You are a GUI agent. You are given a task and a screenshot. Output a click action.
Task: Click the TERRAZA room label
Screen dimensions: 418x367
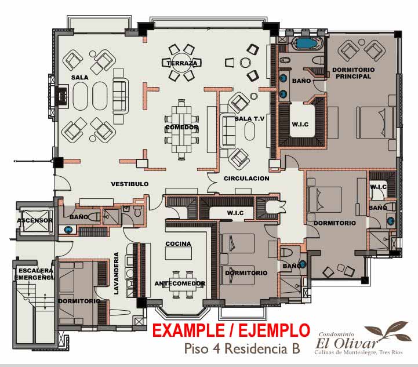182,63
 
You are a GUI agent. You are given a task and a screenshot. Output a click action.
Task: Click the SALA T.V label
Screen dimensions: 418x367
249,119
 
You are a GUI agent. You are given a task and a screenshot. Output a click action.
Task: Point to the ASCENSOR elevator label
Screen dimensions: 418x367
35,220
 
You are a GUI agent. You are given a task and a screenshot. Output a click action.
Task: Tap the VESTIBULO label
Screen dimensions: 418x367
130,184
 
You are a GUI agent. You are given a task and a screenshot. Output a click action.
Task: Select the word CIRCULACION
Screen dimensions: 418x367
246,179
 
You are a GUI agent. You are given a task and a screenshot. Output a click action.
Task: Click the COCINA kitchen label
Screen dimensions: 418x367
179,244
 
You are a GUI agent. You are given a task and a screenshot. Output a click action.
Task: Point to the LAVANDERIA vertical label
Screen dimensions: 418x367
116,273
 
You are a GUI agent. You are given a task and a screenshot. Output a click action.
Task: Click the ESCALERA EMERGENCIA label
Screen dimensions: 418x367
35,274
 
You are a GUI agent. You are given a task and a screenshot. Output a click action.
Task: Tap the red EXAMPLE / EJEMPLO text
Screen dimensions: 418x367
231,330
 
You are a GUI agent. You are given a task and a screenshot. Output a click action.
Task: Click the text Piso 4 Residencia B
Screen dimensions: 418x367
242,348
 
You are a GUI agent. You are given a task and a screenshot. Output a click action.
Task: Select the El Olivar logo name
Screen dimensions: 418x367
347,343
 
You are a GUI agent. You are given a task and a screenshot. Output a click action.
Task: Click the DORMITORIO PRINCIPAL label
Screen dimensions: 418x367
353,73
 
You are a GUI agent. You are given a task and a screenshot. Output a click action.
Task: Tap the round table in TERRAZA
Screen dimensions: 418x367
181,63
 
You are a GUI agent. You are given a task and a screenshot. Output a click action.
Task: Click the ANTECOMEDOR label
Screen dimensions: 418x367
180,284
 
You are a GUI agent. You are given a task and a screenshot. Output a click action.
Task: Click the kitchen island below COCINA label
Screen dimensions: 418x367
179,253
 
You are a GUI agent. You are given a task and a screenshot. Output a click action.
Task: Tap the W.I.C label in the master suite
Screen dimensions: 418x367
300,124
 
